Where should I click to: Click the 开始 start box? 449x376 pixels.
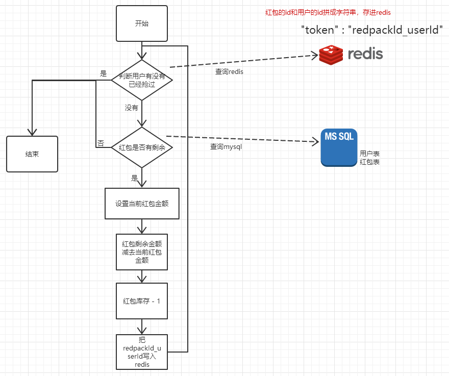point(142,23)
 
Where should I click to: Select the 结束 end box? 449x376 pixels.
point(32,154)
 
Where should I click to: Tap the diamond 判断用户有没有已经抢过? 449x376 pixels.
point(142,80)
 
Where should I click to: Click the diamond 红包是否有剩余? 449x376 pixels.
point(142,147)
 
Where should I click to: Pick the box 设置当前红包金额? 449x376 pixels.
point(142,204)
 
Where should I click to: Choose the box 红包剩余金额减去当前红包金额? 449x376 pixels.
point(142,252)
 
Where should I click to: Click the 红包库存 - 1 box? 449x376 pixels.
point(142,301)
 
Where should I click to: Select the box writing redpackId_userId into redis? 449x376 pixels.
point(142,352)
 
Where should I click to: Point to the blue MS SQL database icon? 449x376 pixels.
point(339,147)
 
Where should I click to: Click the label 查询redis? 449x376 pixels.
point(229,72)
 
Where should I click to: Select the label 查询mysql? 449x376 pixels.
point(226,147)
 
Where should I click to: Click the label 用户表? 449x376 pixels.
point(369,154)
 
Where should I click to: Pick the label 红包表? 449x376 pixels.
point(369,162)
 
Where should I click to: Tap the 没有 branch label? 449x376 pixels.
point(131,108)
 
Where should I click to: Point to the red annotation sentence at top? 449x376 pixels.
point(326,12)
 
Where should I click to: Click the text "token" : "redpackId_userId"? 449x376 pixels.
point(372,30)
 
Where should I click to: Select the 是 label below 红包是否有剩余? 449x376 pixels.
point(135,178)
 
